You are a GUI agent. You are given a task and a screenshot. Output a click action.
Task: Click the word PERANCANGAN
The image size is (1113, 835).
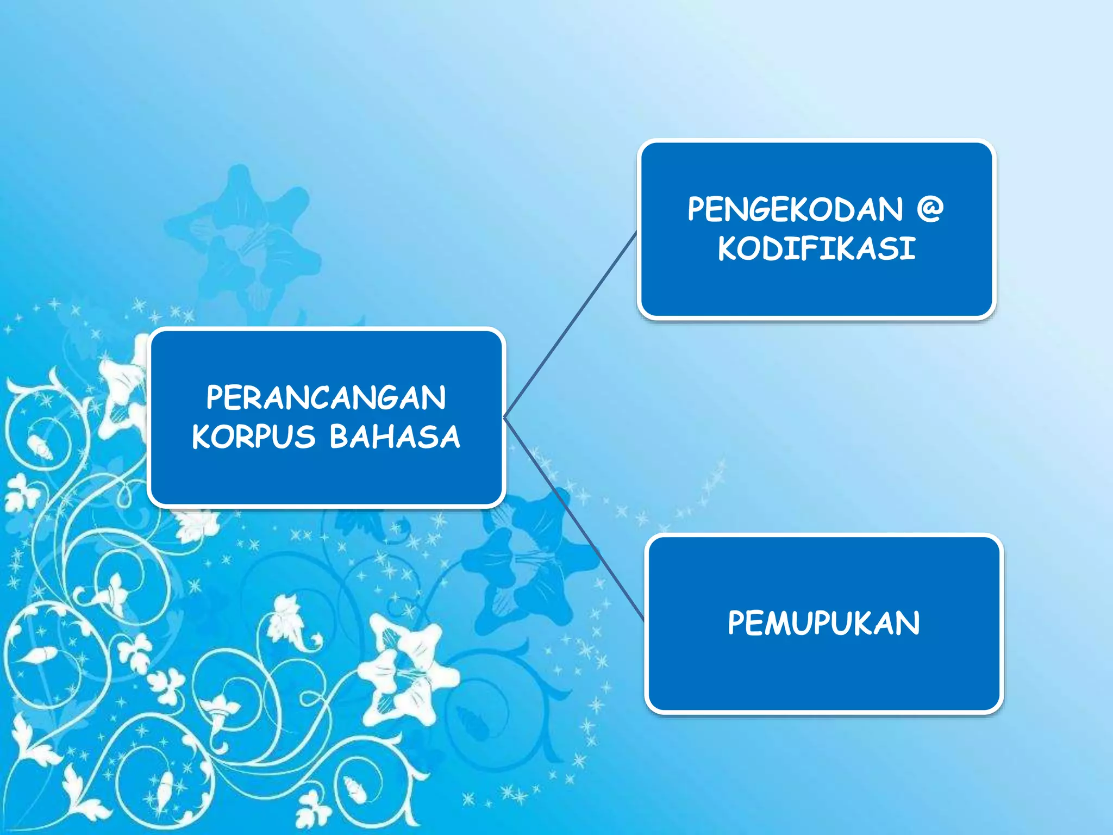point(326,397)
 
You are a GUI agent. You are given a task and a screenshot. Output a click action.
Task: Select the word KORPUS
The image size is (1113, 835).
point(254,437)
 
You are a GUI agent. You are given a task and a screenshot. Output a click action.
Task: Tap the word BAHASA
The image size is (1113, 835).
point(395,437)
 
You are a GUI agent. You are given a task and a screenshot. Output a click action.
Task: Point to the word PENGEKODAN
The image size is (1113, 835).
point(795,209)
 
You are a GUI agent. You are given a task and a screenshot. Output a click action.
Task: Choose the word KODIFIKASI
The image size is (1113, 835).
point(817,248)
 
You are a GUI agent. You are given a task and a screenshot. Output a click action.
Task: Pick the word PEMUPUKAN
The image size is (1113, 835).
point(824,623)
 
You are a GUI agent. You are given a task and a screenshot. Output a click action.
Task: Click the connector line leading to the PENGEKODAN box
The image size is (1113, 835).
point(571,325)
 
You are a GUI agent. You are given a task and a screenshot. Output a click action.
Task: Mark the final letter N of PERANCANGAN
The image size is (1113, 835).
point(435,397)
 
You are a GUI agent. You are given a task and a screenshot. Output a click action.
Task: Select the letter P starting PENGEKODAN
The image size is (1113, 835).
point(697,209)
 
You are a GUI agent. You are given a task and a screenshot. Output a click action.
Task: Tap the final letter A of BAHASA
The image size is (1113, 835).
point(449,437)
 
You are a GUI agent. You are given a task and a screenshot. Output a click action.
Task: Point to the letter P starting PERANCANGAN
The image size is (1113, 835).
point(215,397)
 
